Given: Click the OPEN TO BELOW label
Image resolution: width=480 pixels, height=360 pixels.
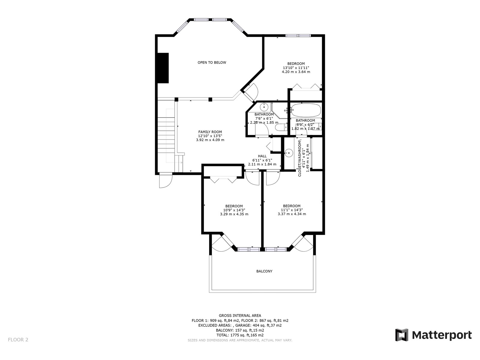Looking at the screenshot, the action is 212,62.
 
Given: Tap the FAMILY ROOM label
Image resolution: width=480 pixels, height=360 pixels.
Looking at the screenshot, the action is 210,132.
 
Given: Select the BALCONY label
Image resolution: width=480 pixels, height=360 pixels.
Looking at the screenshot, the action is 264,271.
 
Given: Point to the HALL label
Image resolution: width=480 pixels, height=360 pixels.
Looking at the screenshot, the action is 262,156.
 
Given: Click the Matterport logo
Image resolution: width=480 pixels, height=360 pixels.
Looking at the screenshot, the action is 433,335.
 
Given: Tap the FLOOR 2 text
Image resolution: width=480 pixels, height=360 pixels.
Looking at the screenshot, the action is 18,340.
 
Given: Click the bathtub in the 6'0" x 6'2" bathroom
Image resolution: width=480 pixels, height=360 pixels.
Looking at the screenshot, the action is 306,110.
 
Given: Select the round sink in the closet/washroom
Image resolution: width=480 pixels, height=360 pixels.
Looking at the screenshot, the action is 289,153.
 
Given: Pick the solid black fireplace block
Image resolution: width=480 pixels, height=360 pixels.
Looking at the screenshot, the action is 163,68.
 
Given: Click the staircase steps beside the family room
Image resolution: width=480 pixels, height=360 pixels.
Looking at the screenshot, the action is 166,136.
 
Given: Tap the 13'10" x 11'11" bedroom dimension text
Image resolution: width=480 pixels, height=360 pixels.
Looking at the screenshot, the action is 296,68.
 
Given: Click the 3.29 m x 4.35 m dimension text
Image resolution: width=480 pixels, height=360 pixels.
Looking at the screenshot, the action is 234,214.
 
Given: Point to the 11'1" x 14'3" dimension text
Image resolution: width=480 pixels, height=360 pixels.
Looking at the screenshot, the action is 292,210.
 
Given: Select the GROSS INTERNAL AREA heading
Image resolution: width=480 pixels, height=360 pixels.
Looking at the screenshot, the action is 240,315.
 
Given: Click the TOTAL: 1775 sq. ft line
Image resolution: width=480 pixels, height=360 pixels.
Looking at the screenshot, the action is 240,335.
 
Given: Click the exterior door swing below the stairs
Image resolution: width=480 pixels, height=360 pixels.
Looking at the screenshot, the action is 166,181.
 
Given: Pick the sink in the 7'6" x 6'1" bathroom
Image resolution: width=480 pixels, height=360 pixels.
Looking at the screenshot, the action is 264,107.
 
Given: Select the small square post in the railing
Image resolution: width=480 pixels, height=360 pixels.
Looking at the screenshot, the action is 210,100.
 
